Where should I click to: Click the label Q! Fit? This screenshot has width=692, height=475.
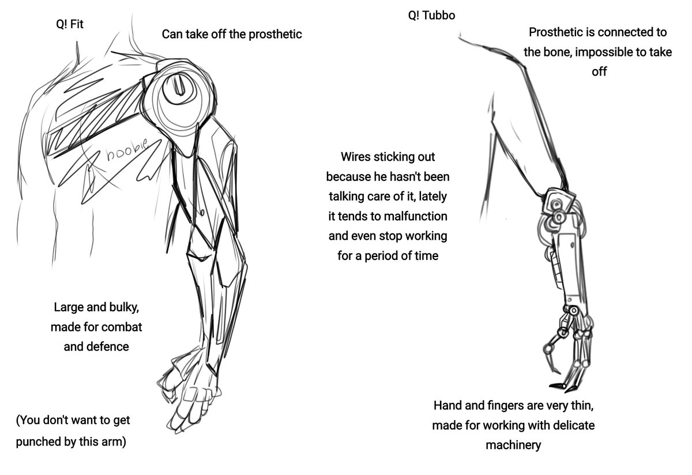[x=70, y=25]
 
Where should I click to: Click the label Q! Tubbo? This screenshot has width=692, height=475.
[x=431, y=16]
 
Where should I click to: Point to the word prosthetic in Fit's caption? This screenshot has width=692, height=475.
[x=274, y=34]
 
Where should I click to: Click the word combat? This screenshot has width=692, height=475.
[x=121, y=327]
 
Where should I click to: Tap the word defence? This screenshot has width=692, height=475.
[x=108, y=347]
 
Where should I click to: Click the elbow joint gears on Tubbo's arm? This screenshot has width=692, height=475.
[x=556, y=210]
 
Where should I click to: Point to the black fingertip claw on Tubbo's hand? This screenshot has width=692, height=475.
[x=555, y=385]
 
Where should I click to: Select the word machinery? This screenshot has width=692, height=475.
[x=513, y=445]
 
